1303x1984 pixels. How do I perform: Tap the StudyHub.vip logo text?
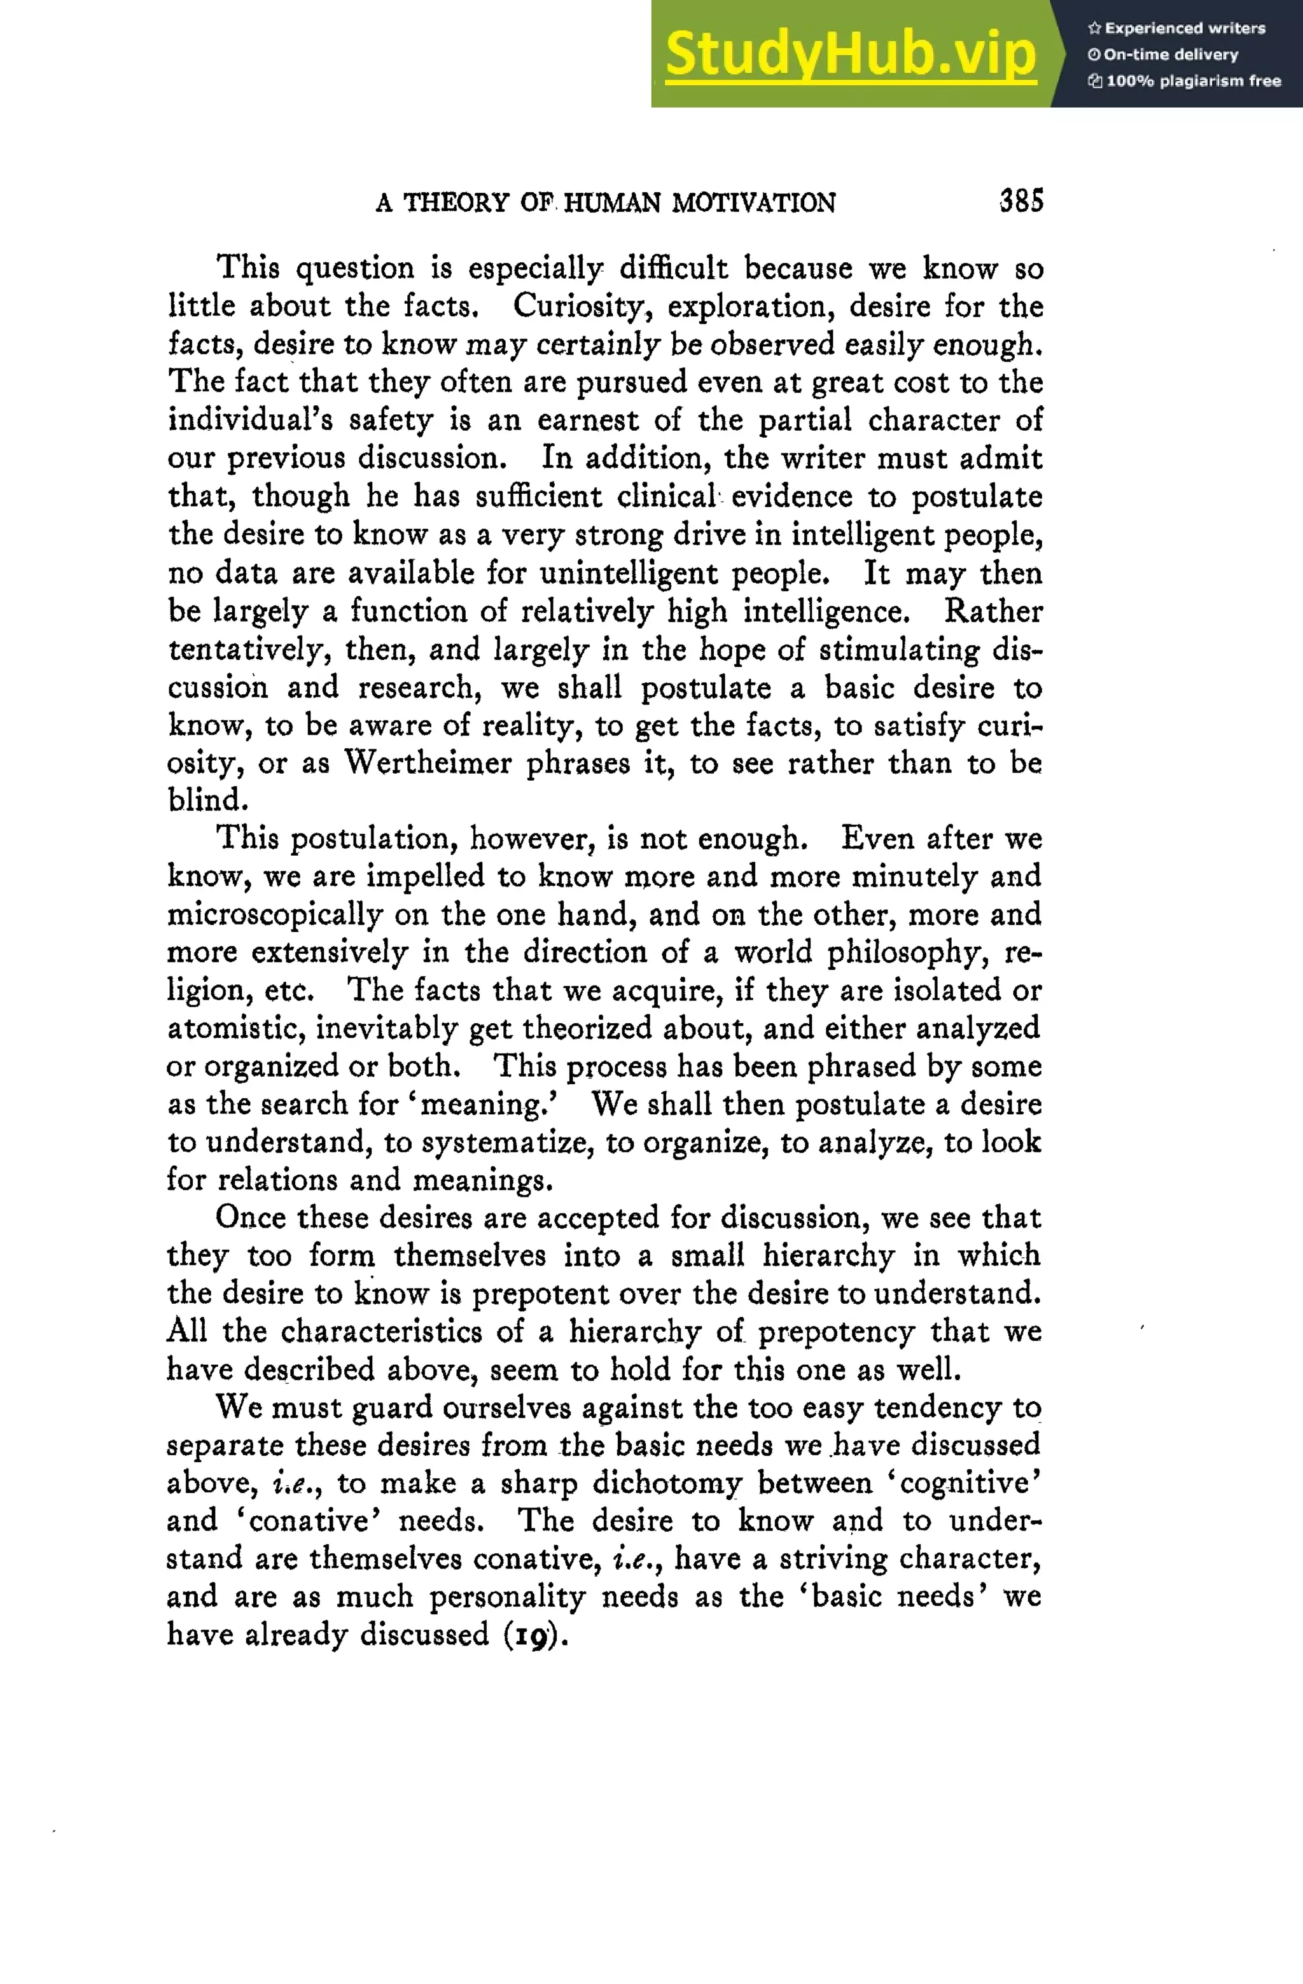(851, 54)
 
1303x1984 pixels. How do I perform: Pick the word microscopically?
(274, 914)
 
